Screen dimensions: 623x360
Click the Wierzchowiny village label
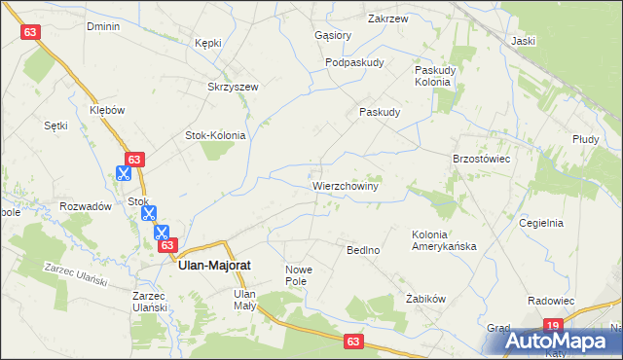click(x=345, y=184)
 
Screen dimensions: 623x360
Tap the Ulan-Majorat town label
click(x=216, y=262)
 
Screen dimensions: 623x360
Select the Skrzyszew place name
click(x=233, y=87)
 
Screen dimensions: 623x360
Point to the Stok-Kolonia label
click(x=215, y=135)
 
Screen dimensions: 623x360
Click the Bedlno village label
click(x=363, y=250)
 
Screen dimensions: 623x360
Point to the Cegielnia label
click(x=541, y=223)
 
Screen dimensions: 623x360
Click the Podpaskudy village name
click(x=354, y=62)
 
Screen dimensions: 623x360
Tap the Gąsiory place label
click(x=333, y=35)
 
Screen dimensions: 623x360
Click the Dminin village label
click(x=102, y=26)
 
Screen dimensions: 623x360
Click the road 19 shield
click(x=553, y=326)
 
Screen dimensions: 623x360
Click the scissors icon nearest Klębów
click(x=124, y=174)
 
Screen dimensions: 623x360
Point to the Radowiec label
click(x=547, y=303)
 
